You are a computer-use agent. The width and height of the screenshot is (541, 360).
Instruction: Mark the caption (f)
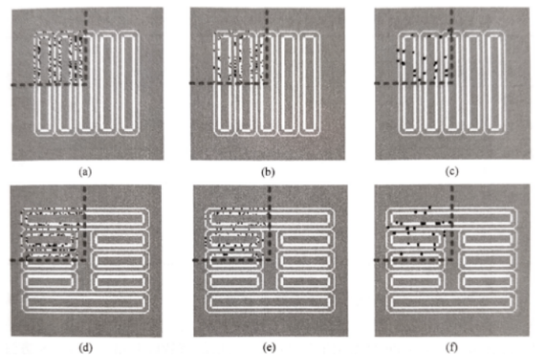click(x=452, y=345)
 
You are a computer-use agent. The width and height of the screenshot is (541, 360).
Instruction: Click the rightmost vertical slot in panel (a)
click(x=130, y=83)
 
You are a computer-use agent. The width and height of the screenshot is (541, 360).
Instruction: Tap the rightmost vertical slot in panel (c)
click(x=494, y=83)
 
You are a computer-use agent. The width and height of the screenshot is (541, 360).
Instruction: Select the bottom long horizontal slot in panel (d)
click(x=86, y=302)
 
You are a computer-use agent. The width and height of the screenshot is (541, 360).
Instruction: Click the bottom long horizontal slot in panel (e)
click(x=268, y=302)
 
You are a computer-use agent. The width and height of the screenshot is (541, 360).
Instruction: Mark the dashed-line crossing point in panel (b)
click(x=267, y=83)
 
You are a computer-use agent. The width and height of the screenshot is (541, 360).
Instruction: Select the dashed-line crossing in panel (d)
click(x=85, y=259)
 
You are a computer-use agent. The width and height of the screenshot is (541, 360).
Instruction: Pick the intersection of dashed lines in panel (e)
click(x=267, y=259)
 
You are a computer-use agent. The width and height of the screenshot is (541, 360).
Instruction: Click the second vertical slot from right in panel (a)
click(x=108, y=83)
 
